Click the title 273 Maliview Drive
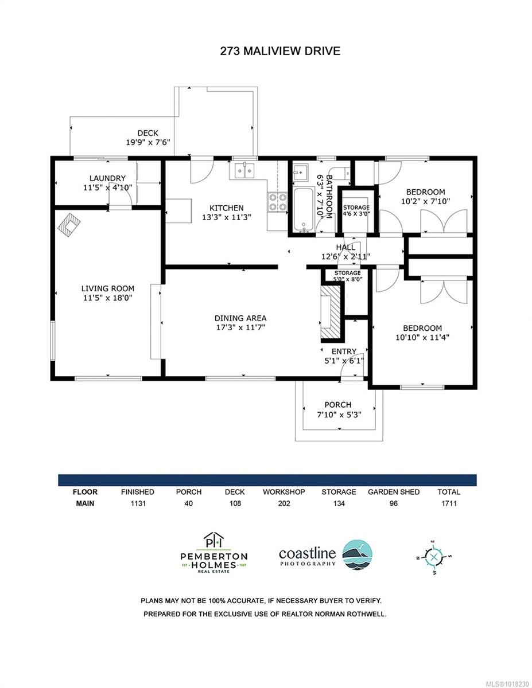[x=280, y=51]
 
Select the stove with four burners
[x=277, y=202]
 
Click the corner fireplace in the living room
[x=68, y=224]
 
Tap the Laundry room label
[x=107, y=178]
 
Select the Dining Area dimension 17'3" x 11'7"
[x=240, y=328]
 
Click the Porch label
[x=337, y=405]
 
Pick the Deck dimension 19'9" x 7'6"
[x=147, y=142]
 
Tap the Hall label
[x=345, y=247]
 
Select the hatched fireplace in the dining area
[x=331, y=314]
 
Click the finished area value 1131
[x=138, y=504]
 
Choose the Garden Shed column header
[x=394, y=492]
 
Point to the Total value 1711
[x=448, y=504]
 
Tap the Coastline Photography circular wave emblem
[x=357, y=554]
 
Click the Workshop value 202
[x=284, y=504]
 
